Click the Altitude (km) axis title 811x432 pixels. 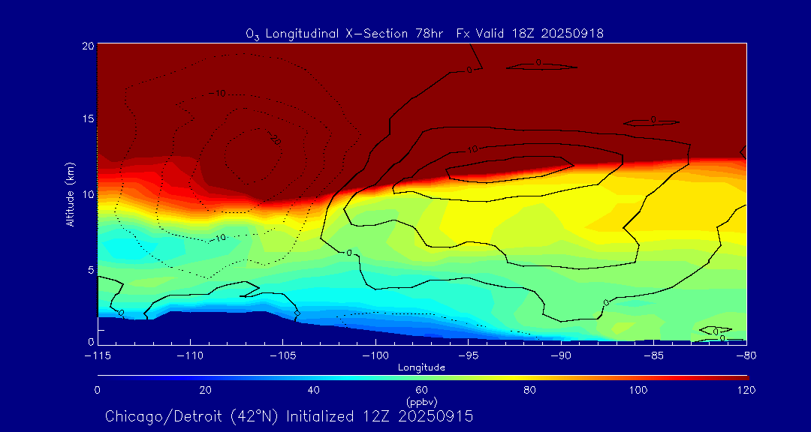click(70, 194)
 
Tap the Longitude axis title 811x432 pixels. click(422, 367)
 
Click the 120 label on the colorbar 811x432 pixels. click(746, 390)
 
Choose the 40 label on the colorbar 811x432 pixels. click(314, 390)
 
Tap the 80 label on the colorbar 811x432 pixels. click(529, 390)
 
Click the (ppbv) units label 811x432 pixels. click(422, 401)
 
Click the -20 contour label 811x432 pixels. click(274, 139)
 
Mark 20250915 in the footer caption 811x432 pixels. click(436, 416)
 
